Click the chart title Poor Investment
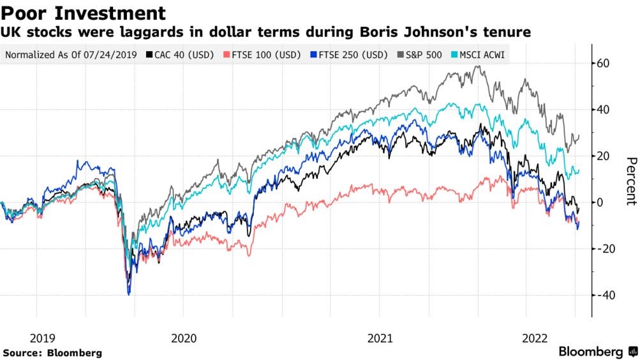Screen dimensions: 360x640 pos(84,13)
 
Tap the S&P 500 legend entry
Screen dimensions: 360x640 pos(424,55)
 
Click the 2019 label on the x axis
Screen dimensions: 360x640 pos(36,338)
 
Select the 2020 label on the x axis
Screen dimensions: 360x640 pos(184,338)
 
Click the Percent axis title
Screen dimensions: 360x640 pos(630,181)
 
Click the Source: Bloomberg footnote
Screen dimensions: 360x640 pos(52,352)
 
